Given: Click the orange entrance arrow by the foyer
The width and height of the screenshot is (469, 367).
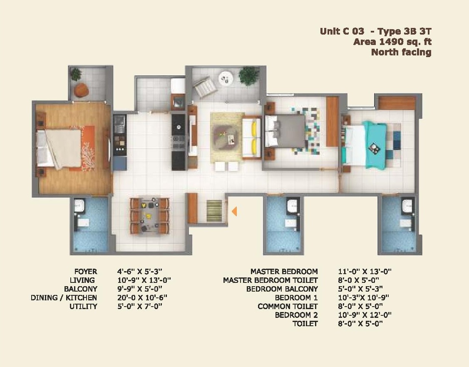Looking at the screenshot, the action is tap(235, 211).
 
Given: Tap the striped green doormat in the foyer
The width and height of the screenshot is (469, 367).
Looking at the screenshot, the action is tap(214, 211).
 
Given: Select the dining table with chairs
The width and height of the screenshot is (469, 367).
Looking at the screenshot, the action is tap(149, 215).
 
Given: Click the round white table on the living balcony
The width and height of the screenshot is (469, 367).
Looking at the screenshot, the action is tap(225, 78).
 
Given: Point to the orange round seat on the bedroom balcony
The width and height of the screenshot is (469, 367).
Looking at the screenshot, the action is tap(81, 90).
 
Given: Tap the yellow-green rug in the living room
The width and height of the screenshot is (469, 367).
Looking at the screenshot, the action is tap(228, 137).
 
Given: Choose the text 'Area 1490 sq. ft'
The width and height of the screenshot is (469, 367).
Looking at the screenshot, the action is tap(392, 42).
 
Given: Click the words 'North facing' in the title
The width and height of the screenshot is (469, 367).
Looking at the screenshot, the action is tap(401, 52).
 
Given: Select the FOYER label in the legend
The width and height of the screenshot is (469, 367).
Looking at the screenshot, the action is tap(86, 272).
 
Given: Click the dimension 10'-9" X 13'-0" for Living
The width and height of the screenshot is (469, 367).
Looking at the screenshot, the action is tap(144, 280).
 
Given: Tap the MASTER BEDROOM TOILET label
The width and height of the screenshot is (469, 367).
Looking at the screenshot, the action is tap(270, 280).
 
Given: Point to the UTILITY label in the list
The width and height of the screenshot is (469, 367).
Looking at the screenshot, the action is tap(83, 306).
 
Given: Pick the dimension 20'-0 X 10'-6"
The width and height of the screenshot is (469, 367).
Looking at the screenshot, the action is tap(142, 297).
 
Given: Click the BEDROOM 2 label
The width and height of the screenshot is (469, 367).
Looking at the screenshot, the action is tap(296, 315).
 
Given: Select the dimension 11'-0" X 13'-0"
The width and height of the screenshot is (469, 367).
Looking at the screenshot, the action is tap(365, 272).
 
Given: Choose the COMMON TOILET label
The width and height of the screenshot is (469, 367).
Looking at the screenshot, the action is tap(288, 306).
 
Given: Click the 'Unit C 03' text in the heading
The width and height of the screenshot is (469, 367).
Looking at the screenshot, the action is tap(342, 31).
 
